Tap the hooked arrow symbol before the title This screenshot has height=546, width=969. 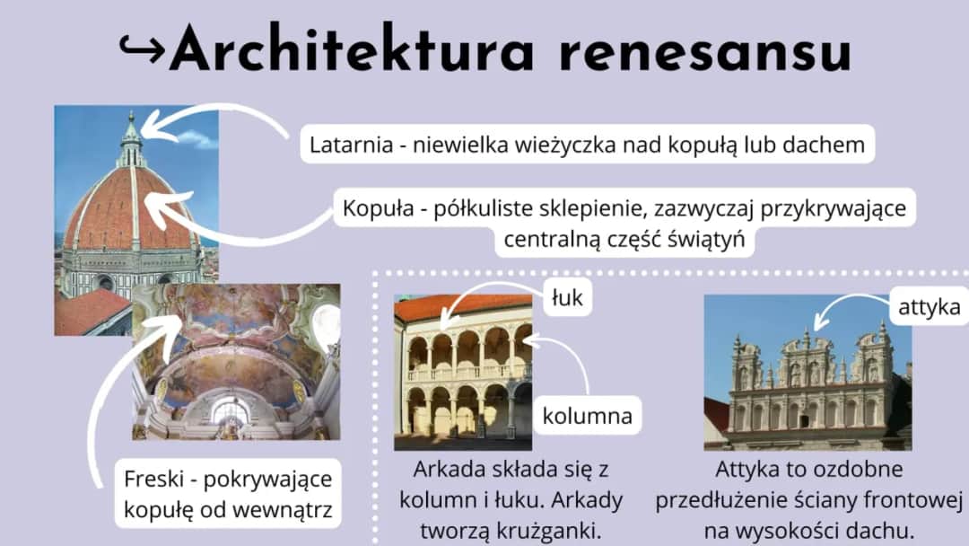coord(142,50)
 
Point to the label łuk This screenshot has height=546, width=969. coord(567,299)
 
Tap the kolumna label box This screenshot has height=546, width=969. coord(587,416)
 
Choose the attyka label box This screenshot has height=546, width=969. coord(929,308)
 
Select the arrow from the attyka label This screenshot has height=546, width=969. coord(843,311)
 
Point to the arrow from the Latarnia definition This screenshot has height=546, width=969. coord(215,121)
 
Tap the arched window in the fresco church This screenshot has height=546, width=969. coord(230,411)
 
